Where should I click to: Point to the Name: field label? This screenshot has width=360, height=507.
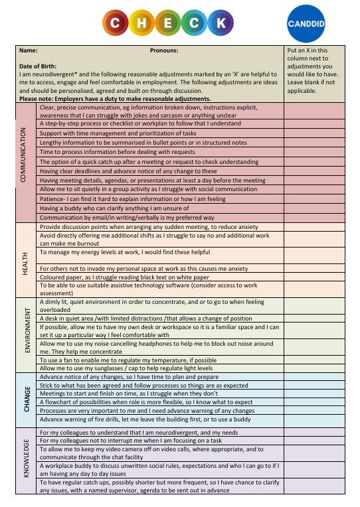(x=29, y=50)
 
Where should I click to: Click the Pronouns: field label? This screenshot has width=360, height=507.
(x=164, y=50)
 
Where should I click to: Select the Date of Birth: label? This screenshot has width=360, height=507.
(x=38, y=66)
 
